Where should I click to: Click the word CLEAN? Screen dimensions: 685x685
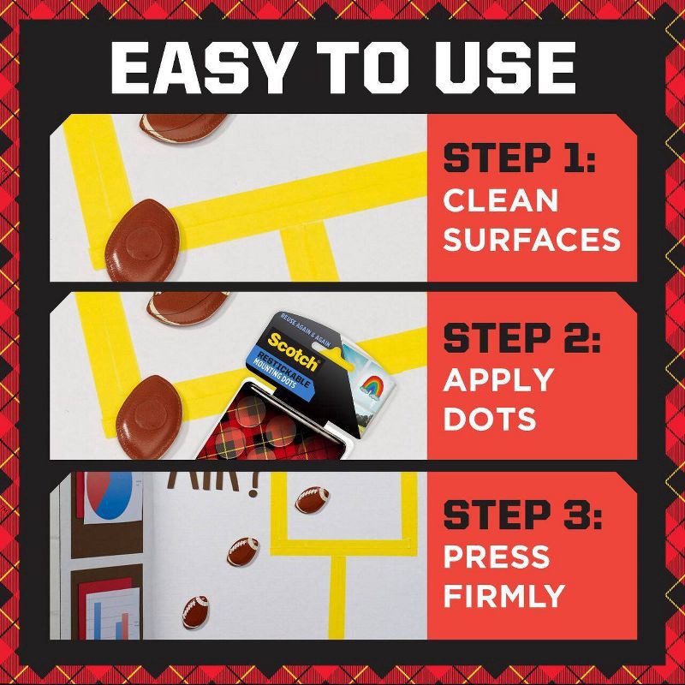tap(501, 200)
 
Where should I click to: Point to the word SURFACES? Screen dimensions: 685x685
tap(532, 240)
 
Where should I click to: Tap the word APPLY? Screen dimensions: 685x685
tap(498, 380)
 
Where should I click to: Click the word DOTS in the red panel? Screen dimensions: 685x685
tap(490, 420)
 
